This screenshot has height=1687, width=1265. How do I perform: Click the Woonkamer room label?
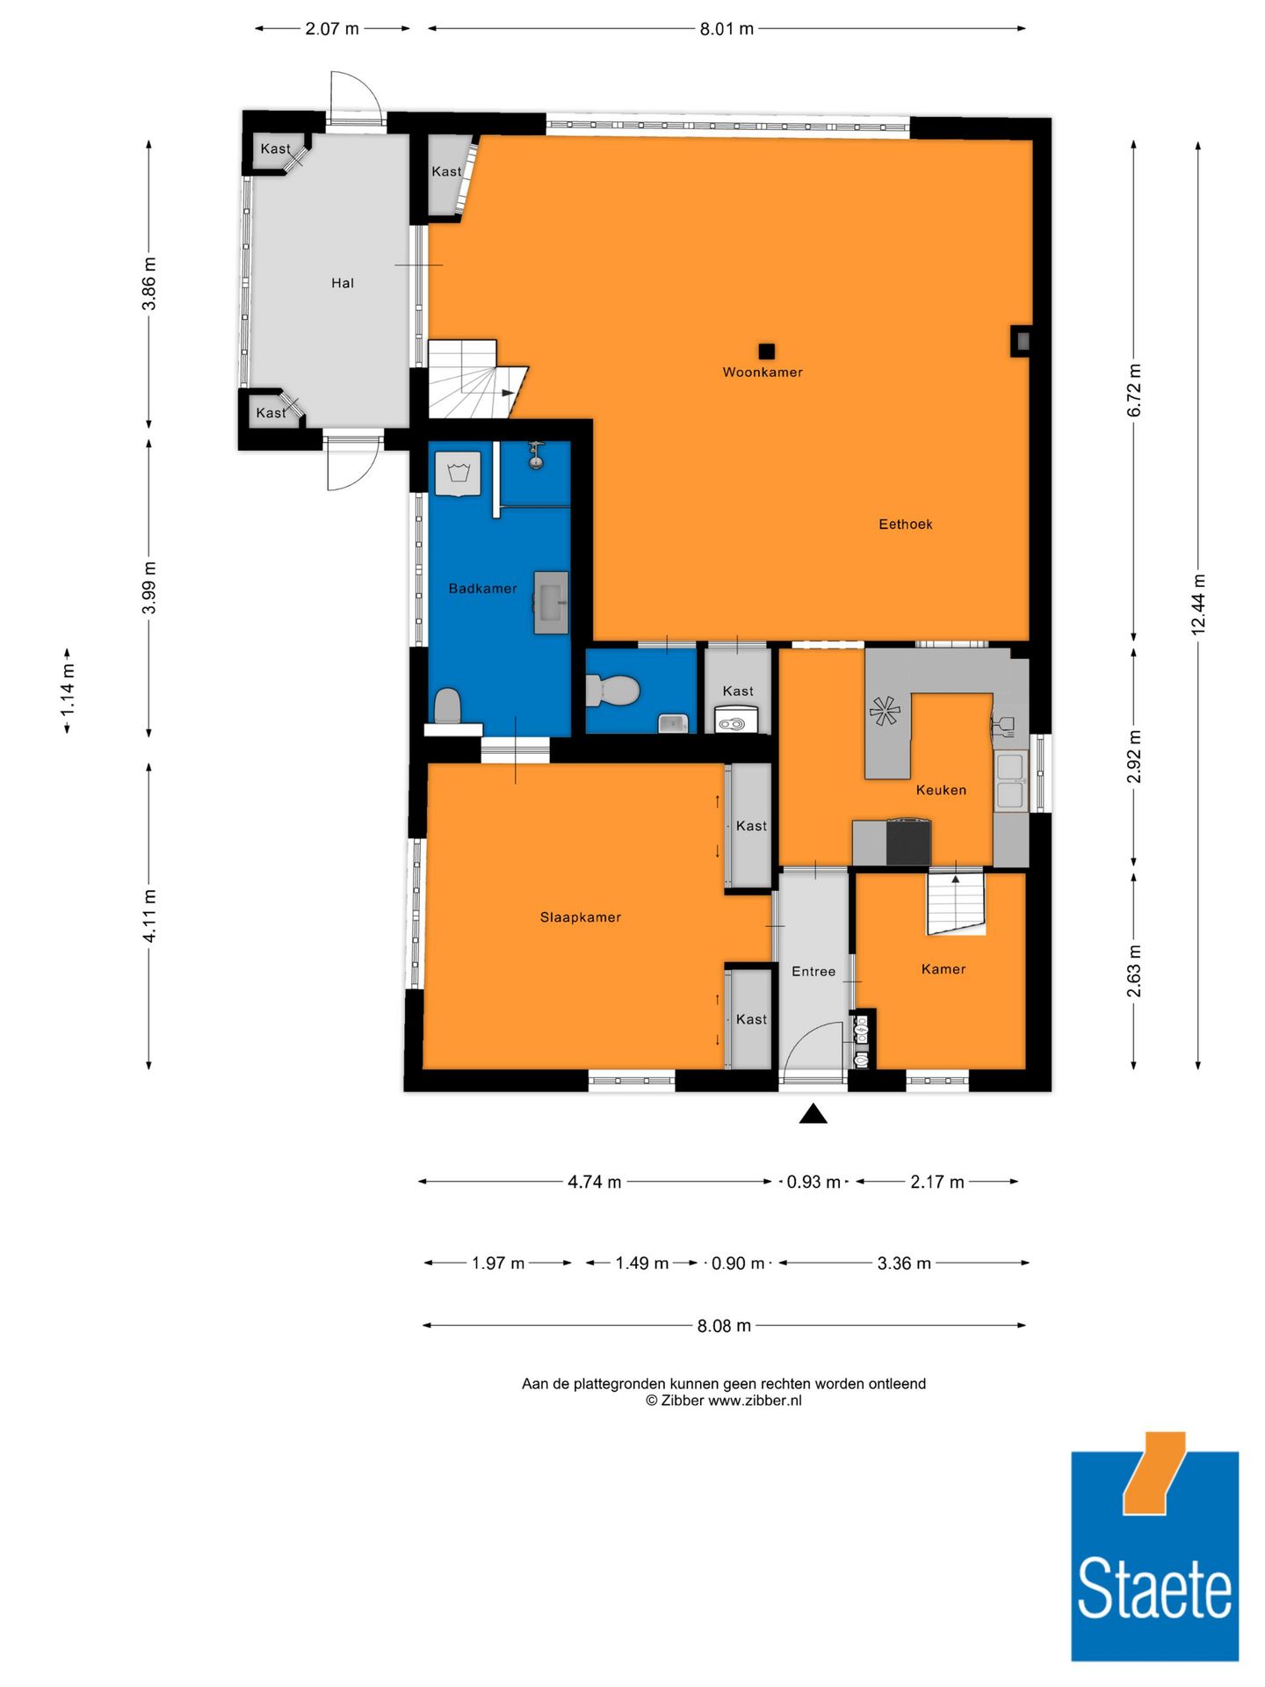coord(762,372)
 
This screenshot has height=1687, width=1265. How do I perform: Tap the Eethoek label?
coord(905,524)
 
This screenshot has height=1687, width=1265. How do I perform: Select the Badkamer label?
coord(482,588)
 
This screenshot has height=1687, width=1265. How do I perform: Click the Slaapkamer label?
coord(580,916)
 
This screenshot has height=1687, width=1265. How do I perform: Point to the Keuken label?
coord(941,789)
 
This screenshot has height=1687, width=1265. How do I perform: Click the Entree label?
coord(813,971)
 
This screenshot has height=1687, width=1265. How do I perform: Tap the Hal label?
coord(342,282)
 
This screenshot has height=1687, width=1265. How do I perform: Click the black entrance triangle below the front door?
coord(813,1114)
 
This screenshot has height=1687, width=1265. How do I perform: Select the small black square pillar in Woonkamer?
coord(766,351)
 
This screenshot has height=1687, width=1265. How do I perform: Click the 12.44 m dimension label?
coord(1198,604)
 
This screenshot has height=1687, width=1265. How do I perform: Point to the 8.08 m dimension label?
coord(724,1325)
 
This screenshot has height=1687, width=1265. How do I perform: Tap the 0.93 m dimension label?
coord(813,1182)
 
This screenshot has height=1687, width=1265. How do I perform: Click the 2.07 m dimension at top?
coord(331,29)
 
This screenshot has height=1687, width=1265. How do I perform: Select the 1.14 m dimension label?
coord(68,691)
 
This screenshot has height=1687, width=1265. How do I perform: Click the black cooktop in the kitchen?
coord(908,842)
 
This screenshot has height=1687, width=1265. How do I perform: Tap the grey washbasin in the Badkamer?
coord(551,602)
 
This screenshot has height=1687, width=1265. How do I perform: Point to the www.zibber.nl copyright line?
coord(723,1401)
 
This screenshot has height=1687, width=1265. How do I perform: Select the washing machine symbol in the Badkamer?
coord(458,474)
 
